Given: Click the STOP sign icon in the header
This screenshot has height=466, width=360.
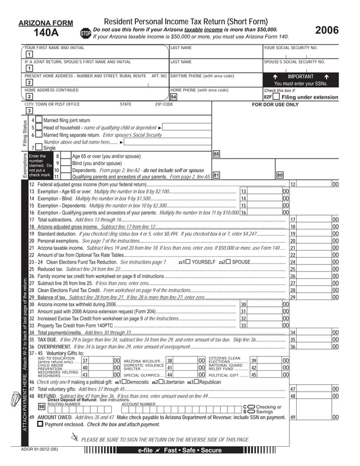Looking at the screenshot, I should tap(86, 34).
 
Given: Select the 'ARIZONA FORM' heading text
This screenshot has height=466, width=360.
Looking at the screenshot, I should tap(41, 23).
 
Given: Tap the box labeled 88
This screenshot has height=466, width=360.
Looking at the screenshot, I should tap(216, 153).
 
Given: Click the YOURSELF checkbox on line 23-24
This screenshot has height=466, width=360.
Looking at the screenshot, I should tap(188, 262).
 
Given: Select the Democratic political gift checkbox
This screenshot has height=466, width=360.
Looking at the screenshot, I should tap(124, 382).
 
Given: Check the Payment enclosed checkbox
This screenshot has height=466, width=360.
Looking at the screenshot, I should tap(40, 424).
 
